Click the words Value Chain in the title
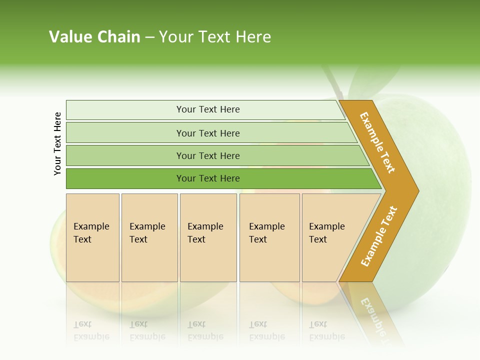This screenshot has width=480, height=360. pos(94,37)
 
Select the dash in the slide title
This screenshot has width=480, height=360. pos(149,37)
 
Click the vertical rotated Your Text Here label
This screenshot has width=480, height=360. pos(57,143)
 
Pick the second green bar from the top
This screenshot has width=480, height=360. pos(207,133)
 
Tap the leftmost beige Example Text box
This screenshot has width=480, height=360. pos(92,237)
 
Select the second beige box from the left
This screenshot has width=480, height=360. pos(149,237)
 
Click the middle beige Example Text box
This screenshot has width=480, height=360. pos(208,237)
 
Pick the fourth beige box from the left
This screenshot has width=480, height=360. pos(269,237)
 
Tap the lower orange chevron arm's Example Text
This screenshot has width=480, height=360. pos(379,236)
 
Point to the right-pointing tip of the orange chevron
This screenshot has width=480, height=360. pos(416,190)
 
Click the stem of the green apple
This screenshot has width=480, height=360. pos(333,82)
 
